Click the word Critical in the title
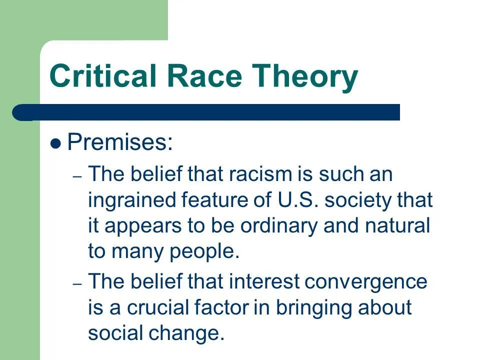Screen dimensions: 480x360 (x=103, y=75)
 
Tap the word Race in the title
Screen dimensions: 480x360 (x=205, y=75)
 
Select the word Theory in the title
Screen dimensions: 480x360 (x=305, y=77)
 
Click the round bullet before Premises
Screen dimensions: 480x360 (x=55, y=143)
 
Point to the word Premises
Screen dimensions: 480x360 (x=120, y=141)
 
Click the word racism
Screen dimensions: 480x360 (x=260, y=173)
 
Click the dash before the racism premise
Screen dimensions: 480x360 (x=77, y=176)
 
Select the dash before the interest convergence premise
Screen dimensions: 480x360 (x=77, y=284)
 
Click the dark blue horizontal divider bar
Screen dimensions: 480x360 (x=206, y=112)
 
